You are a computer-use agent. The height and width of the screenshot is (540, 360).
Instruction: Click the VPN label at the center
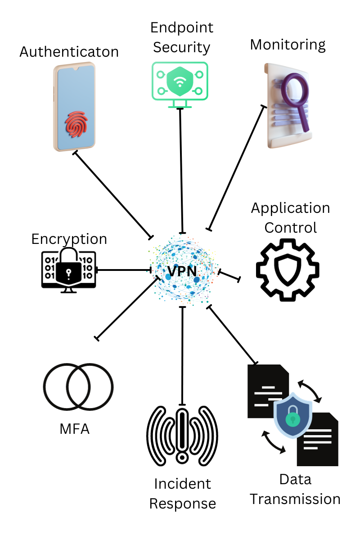[182, 271]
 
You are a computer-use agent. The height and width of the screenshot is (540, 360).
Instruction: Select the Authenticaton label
[69, 52]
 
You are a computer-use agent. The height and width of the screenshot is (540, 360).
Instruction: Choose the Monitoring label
[288, 45]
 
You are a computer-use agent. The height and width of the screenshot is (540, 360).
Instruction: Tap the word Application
[290, 208]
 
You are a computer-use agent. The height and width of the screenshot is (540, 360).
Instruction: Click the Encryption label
[69, 238]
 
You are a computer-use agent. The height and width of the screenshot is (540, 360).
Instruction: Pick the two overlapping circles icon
[78, 387]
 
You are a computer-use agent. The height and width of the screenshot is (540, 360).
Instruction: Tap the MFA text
[75, 429]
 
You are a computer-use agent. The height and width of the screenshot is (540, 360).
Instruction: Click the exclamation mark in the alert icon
[182, 434]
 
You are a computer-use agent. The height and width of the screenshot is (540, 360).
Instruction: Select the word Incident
[182, 484]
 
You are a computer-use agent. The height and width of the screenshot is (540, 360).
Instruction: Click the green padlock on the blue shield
[293, 419]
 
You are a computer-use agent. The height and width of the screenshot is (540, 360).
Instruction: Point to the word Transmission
[295, 499]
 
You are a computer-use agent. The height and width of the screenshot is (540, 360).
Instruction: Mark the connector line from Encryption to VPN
[124, 270]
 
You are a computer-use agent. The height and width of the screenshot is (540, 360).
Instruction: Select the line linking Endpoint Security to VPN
[181, 171]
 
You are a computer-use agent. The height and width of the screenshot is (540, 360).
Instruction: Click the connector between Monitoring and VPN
[236, 167]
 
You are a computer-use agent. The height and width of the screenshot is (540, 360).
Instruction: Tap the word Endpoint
[182, 28]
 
